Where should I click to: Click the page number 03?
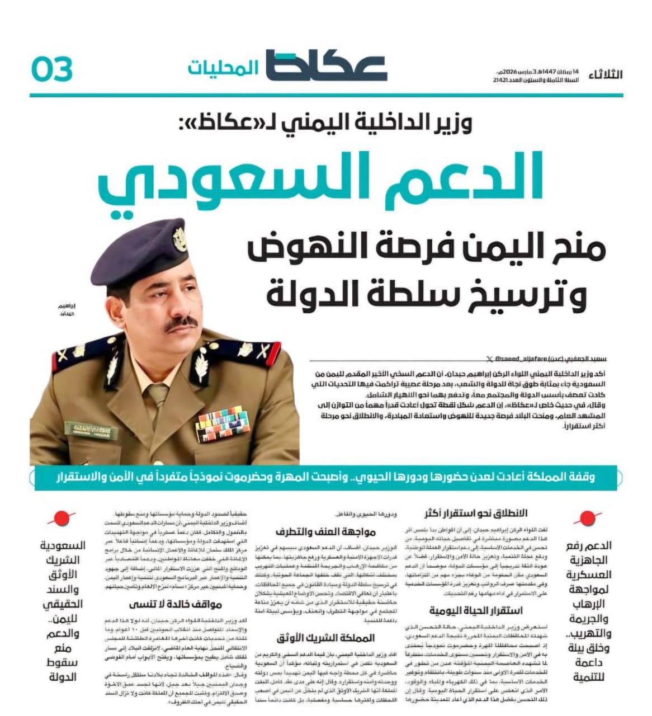52,69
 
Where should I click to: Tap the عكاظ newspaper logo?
326,67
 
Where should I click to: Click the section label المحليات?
223,68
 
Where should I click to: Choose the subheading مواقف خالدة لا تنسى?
176,604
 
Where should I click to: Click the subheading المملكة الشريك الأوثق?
326,638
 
